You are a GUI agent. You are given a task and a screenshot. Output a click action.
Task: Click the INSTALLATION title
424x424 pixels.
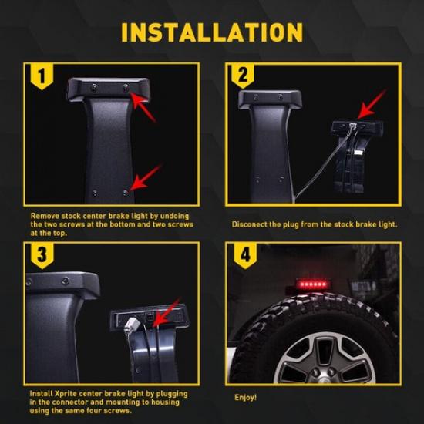tap(212, 32)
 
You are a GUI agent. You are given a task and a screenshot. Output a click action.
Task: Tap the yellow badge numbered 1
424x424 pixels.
tap(42, 76)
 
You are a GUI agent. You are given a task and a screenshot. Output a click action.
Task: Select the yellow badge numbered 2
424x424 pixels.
tap(243, 76)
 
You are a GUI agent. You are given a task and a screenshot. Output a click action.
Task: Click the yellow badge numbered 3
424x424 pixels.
tap(42, 255)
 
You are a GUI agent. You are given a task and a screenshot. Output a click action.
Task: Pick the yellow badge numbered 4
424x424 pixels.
tap(245, 255)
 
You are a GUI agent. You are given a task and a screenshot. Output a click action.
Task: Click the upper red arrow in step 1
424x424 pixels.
tap(143, 106)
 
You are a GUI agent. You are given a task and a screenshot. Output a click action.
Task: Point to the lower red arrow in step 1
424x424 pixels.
tap(145, 177)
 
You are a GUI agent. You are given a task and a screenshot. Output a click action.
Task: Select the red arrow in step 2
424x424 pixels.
tap(372, 104)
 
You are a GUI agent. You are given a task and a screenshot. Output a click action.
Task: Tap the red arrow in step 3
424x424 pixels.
tap(167, 312)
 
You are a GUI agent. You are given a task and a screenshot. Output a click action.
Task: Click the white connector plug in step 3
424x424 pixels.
tap(133, 324)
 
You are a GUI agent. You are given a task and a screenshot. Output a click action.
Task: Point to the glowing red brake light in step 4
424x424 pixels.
tap(312, 284)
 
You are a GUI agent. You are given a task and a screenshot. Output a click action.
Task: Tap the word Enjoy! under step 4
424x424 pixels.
tap(245, 398)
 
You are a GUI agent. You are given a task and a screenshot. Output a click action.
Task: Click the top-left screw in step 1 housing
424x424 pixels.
tap(94, 88)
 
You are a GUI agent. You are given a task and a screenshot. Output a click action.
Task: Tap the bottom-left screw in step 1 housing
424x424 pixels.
tap(95, 193)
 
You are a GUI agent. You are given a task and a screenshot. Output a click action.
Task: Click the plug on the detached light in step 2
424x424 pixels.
tap(352, 126)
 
